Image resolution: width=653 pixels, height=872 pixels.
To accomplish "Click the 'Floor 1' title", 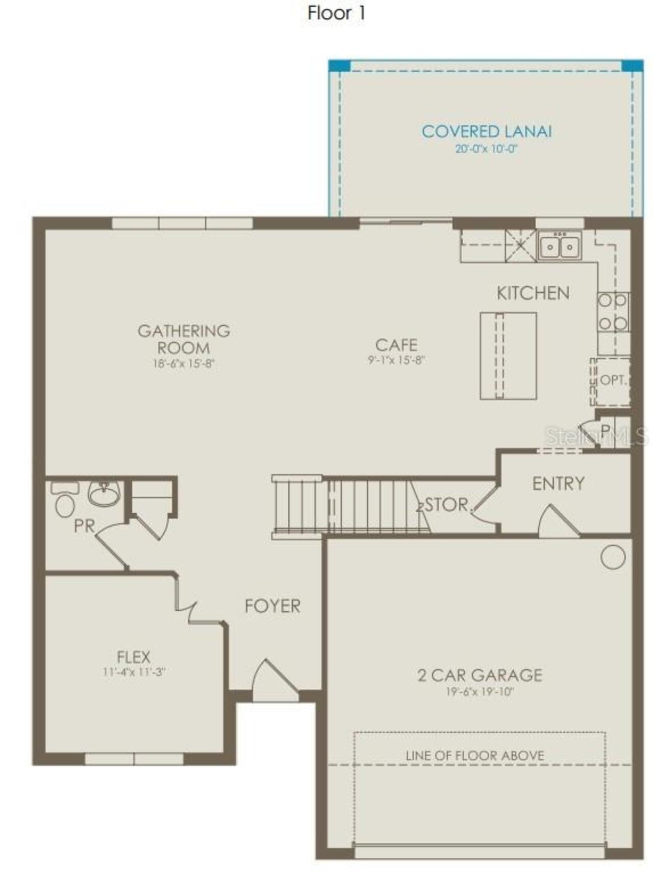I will click(x=336, y=13).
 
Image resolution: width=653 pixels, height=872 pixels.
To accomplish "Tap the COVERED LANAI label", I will click(x=486, y=132).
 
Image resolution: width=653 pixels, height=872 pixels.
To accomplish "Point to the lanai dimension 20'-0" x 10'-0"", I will click(x=486, y=150).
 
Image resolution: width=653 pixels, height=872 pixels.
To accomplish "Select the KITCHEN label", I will click(x=533, y=293).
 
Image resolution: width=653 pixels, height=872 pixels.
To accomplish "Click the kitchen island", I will click(x=508, y=356).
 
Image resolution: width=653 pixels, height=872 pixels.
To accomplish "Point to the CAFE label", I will click(x=396, y=345).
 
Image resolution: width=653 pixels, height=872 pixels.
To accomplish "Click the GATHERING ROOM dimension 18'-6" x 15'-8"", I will click(x=184, y=364).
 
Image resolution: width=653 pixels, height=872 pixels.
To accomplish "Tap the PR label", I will click(x=84, y=526).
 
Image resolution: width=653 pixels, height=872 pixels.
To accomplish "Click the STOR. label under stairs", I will click(x=447, y=505).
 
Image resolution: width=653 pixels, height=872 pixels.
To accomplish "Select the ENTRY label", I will click(x=558, y=484).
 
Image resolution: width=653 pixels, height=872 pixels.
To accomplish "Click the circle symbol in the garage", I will click(x=612, y=557).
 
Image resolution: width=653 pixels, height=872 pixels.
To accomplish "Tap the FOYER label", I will click(x=272, y=606).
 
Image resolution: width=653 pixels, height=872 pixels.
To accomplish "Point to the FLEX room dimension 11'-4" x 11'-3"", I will click(x=134, y=672).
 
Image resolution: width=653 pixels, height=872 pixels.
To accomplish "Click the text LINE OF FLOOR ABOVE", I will click(x=474, y=756).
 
